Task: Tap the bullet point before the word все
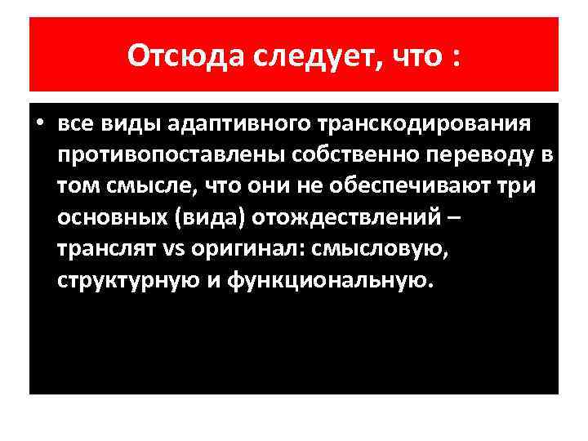click(38, 124)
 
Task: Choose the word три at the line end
click(517, 186)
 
